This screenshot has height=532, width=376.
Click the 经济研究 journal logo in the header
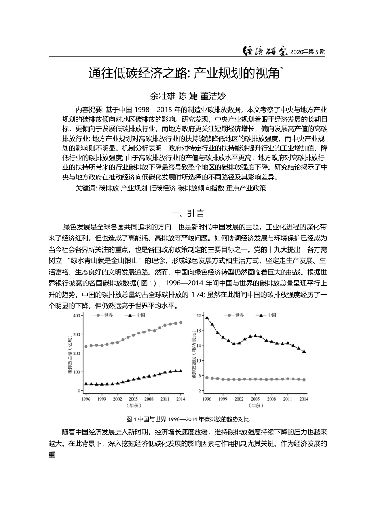click(265, 51)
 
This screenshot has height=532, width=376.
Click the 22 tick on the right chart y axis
click(199, 315)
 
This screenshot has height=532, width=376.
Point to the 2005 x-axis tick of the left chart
click(133, 399)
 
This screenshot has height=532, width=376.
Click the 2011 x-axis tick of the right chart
click(288, 399)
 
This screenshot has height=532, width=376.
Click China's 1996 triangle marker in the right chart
click(207, 317)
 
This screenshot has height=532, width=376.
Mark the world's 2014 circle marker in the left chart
click(181, 323)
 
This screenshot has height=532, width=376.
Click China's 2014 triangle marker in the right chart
click(304, 351)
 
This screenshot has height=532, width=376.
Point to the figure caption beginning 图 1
click(188, 419)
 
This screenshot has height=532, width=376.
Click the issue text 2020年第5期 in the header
click(308, 52)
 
